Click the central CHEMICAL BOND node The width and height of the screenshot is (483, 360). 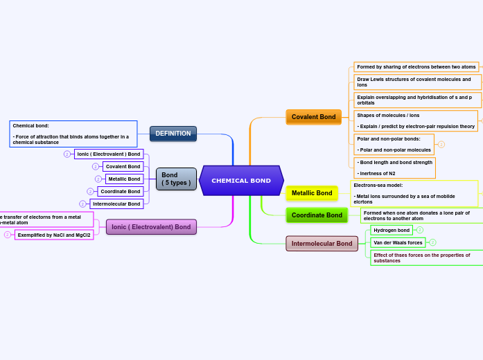(x=241, y=181)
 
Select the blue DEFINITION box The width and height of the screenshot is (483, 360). (x=173, y=134)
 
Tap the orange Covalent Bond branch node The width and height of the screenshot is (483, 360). (x=313, y=117)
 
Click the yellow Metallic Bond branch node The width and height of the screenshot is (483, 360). (x=312, y=193)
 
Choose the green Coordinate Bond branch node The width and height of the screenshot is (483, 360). (x=317, y=215)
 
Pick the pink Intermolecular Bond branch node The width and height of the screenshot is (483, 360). (x=322, y=244)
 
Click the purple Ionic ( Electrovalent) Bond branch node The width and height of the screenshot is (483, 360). (x=151, y=227)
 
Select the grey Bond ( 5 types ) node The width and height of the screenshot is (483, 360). (x=176, y=179)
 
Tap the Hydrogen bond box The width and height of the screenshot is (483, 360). (x=392, y=230)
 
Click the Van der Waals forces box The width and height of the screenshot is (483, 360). (x=398, y=243)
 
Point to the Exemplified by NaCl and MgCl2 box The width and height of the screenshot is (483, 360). (x=54, y=235)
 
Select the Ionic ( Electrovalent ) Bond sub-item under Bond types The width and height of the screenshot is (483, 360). (x=109, y=154)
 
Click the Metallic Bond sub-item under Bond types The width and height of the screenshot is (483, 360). (x=124, y=179)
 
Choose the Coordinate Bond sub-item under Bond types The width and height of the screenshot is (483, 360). (x=120, y=192)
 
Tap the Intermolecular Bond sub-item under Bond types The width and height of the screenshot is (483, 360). (x=116, y=204)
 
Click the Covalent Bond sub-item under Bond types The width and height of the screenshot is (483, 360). (x=123, y=167)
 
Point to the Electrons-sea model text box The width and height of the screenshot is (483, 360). (x=414, y=193)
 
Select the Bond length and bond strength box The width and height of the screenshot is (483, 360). (x=394, y=168)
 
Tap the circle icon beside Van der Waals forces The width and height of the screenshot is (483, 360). (x=432, y=242)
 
